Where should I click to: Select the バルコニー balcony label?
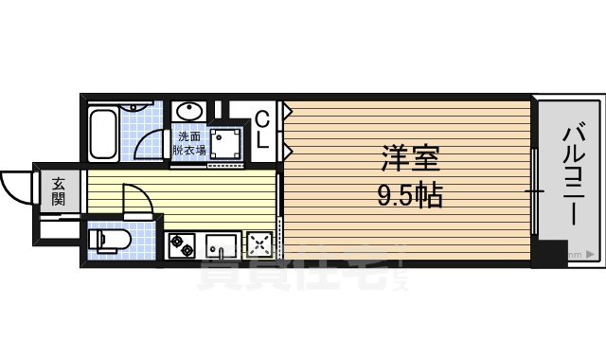[x=573, y=175]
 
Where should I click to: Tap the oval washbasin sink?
[x=187, y=110]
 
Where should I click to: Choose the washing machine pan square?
[x=226, y=145]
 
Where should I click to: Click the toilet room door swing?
[x=134, y=201]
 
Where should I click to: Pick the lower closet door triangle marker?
[x=287, y=150]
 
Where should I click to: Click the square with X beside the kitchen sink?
[x=258, y=246]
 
